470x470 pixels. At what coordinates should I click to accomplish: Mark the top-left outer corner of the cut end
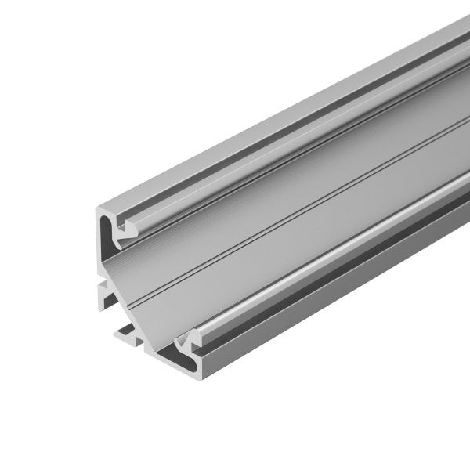(x=96, y=208)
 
